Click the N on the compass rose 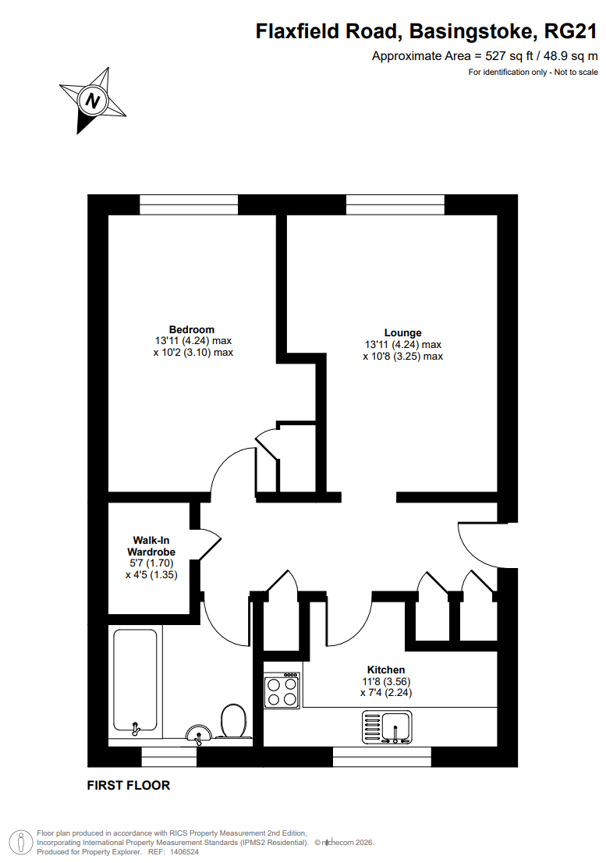(x=94, y=101)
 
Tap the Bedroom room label (x=192, y=329)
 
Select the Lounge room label (x=402, y=332)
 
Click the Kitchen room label (x=386, y=669)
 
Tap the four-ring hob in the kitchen (x=282, y=690)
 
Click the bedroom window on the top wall (x=189, y=204)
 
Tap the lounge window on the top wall (x=395, y=204)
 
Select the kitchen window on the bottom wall (x=381, y=756)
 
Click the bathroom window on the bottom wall (x=168, y=756)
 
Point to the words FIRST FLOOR (x=128, y=786)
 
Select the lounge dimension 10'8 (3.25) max (x=402, y=357)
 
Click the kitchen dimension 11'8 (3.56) (x=386, y=681)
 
